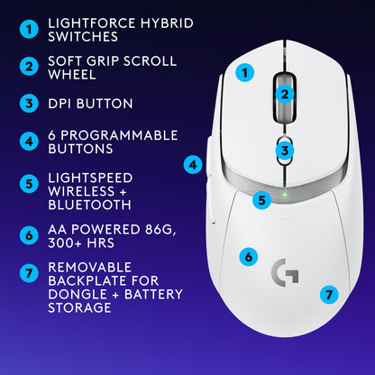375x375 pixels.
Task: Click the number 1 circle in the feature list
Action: click(x=30, y=30)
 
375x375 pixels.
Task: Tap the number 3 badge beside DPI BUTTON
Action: click(x=30, y=104)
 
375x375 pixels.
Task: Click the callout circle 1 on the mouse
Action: click(x=243, y=71)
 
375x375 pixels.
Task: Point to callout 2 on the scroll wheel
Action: click(x=283, y=92)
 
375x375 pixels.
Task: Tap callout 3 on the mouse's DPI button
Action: click(x=284, y=151)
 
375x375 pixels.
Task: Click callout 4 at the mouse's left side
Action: click(x=193, y=165)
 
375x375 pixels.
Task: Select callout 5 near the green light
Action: click(x=261, y=200)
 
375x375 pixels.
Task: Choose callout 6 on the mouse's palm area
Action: click(x=249, y=257)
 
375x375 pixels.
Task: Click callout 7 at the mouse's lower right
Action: click(x=329, y=294)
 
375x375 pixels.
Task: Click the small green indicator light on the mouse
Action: click(x=284, y=191)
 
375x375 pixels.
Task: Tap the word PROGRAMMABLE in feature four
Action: click(x=114, y=134)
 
